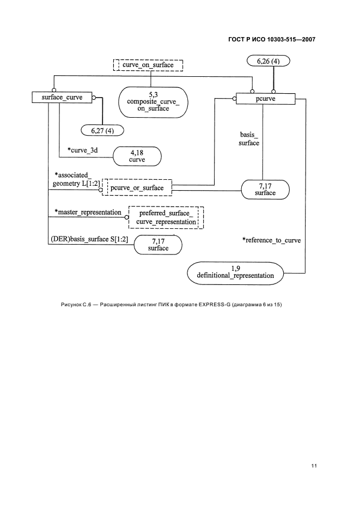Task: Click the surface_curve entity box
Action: pyautogui.click(x=62, y=98)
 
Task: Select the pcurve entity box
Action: pyautogui.click(x=265, y=99)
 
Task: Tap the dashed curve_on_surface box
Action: pyautogui.click(x=148, y=65)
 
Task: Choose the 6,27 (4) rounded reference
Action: pyautogui.click(x=102, y=130)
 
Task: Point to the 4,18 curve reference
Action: pyautogui.click(x=137, y=156)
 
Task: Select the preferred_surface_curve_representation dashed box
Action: pyautogui.click(x=166, y=217)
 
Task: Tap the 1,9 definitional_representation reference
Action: pyautogui.click(x=235, y=272)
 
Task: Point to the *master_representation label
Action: pyautogui.click(x=87, y=212)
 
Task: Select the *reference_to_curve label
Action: pyautogui.click(x=271, y=240)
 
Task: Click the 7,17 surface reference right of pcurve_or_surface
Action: pyautogui.click(x=265, y=189)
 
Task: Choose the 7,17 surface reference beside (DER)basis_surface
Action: pyautogui.click(x=158, y=244)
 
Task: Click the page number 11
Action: pyautogui.click(x=314, y=465)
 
